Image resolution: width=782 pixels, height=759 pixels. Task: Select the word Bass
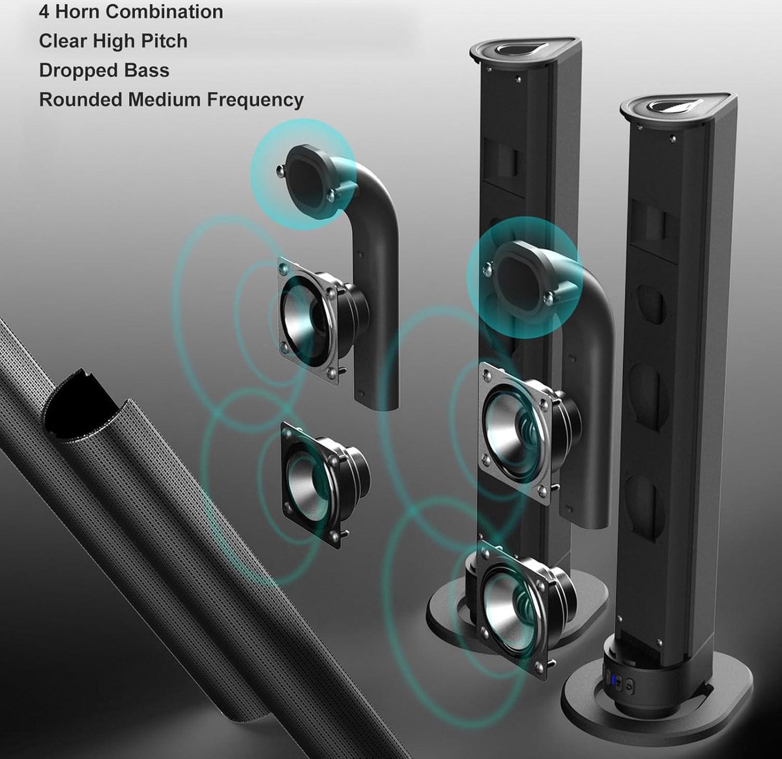[147, 70]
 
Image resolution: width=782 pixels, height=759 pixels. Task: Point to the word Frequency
[255, 100]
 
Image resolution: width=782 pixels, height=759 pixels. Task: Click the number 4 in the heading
[44, 12]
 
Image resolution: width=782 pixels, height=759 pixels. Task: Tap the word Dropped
[79, 71]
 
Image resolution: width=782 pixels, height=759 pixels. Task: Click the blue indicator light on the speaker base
[614, 679]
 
